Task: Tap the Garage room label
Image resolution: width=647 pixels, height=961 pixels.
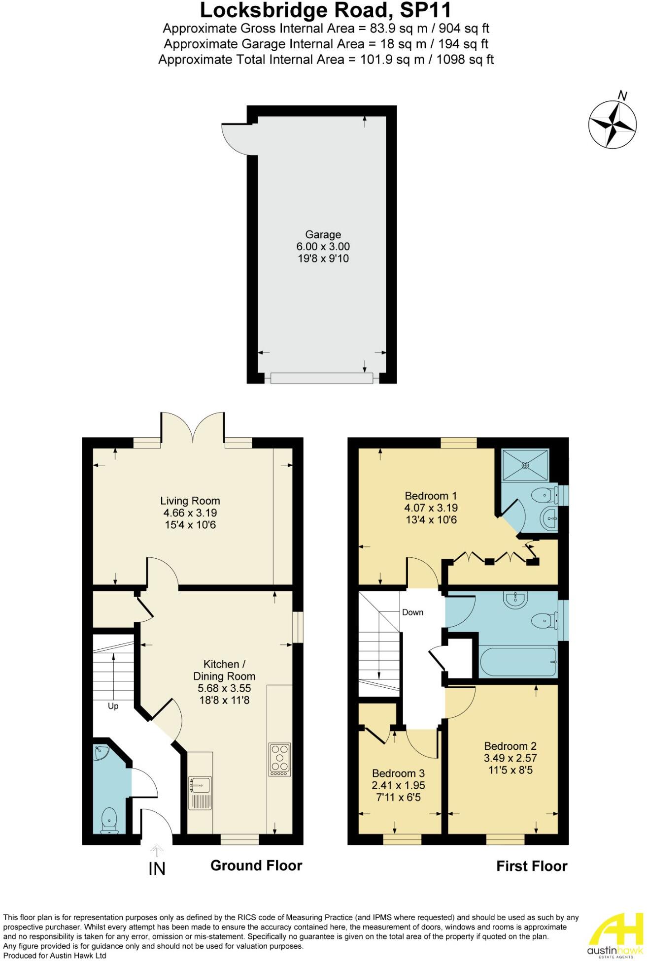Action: pyautogui.click(x=323, y=235)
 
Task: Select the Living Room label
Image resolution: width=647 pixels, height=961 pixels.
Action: pyautogui.click(x=190, y=501)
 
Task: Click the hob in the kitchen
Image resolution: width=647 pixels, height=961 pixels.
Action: pyautogui.click(x=280, y=759)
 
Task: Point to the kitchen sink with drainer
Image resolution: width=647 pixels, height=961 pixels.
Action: pyautogui.click(x=200, y=793)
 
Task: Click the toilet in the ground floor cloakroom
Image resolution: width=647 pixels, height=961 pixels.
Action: pyautogui.click(x=108, y=821)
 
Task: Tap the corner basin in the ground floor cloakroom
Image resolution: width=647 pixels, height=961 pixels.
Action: pyautogui.click(x=101, y=753)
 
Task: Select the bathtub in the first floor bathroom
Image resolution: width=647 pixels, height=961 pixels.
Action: pyautogui.click(x=518, y=662)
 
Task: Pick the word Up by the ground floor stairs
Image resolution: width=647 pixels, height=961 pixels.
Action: pyautogui.click(x=113, y=706)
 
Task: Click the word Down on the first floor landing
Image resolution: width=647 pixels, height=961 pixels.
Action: pyautogui.click(x=412, y=612)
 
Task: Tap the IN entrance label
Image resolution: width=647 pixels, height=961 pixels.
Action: pyautogui.click(x=157, y=869)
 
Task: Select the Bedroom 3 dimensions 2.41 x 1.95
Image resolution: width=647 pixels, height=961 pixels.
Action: pyautogui.click(x=398, y=785)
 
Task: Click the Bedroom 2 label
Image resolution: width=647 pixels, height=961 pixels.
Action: pyautogui.click(x=510, y=746)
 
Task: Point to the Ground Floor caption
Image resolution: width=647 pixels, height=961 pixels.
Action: pyautogui.click(x=256, y=865)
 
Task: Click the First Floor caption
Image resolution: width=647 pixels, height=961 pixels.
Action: pyautogui.click(x=532, y=866)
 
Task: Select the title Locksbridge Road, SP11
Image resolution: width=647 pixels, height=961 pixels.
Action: pyautogui.click(x=326, y=11)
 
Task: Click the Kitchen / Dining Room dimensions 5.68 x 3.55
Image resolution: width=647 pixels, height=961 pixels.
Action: pyautogui.click(x=224, y=688)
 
